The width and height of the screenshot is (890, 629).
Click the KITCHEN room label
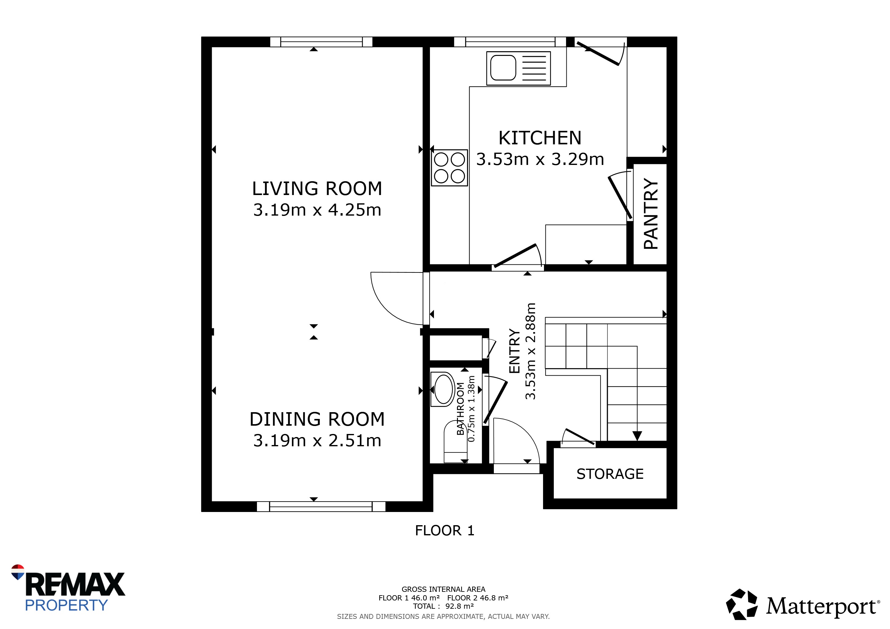point(540,138)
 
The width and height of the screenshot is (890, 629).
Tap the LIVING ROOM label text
point(317,189)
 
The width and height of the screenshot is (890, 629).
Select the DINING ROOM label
point(317,419)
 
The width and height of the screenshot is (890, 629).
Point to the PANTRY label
point(651,214)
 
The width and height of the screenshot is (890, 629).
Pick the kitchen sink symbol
point(519,68)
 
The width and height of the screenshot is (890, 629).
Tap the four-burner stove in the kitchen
point(450,168)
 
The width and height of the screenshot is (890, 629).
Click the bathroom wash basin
point(443,389)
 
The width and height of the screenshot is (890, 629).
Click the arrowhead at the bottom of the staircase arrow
point(637,436)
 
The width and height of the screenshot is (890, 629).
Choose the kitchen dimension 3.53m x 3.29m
point(540,159)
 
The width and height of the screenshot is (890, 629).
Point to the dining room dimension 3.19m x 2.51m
point(317,440)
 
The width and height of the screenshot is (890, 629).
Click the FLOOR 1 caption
point(445,531)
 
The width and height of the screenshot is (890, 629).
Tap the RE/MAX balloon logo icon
point(18,572)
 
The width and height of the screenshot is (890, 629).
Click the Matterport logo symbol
point(742,605)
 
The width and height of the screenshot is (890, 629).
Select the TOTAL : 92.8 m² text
point(443,606)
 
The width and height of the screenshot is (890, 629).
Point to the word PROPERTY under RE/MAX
point(66,605)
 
